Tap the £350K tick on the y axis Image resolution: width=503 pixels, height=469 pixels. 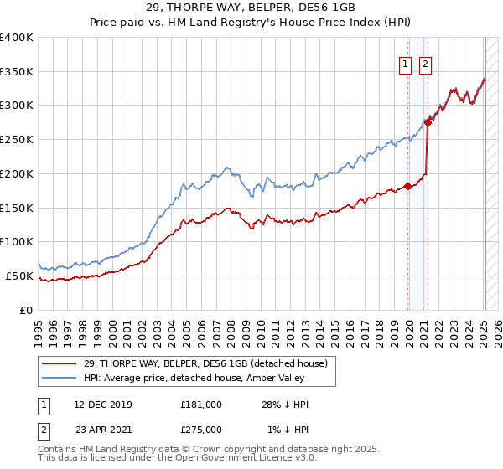click(17, 71)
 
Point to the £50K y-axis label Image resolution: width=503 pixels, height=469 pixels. click(19, 276)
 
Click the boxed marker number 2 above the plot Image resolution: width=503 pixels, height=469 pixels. click(425, 64)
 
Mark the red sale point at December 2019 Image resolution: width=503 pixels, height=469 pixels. click(408, 186)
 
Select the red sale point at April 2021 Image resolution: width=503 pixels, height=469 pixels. click(428, 122)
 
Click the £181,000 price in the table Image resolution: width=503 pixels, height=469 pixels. click(200, 405)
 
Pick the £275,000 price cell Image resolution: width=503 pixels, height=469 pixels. click(200, 430)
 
